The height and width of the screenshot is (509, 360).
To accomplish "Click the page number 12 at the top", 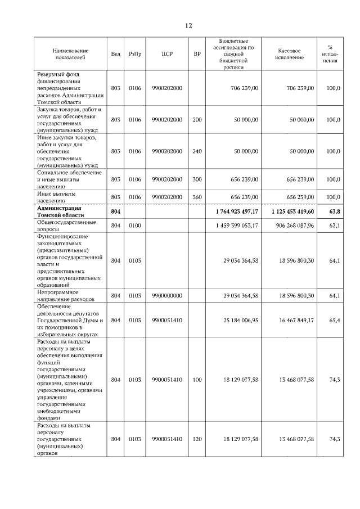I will (x=188, y=26).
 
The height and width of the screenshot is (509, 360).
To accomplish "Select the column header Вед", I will (x=115, y=54).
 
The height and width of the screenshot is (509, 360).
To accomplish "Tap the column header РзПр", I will (x=134, y=54).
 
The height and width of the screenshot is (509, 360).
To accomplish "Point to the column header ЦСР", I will (x=166, y=54).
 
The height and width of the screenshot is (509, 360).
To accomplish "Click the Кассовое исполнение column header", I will (x=290, y=54).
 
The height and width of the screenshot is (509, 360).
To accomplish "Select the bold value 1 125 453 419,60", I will (x=290, y=211).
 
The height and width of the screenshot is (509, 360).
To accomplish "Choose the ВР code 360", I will (x=197, y=197).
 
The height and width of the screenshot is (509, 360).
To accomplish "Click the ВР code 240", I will (x=197, y=151).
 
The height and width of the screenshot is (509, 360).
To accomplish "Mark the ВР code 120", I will (x=197, y=439).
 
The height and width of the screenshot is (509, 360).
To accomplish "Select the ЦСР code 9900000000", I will (x=166, y=295).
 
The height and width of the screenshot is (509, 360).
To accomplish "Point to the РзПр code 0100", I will (x=134, y=226).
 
